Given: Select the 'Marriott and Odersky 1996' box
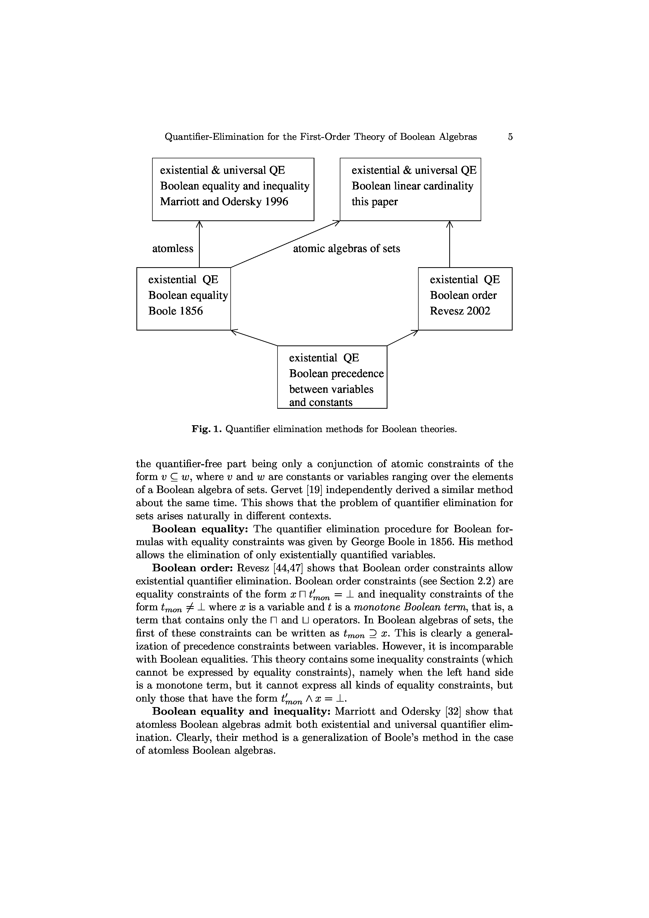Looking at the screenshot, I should point(233,189).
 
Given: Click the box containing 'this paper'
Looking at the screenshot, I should point(410,189).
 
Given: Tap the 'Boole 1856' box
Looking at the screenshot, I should point(184,298).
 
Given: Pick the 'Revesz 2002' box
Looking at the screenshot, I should point(465,298).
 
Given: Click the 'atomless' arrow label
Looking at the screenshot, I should point(172,249).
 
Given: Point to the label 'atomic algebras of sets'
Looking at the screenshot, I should point(346,249).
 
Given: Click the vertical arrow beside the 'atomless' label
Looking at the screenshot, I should point(199,244).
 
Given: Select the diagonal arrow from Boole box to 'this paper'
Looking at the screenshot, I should point(285,244).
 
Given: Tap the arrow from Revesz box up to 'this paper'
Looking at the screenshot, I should point(450,244).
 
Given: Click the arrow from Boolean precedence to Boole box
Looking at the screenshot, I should point(254,338).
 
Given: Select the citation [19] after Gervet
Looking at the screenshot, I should point(359,490).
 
